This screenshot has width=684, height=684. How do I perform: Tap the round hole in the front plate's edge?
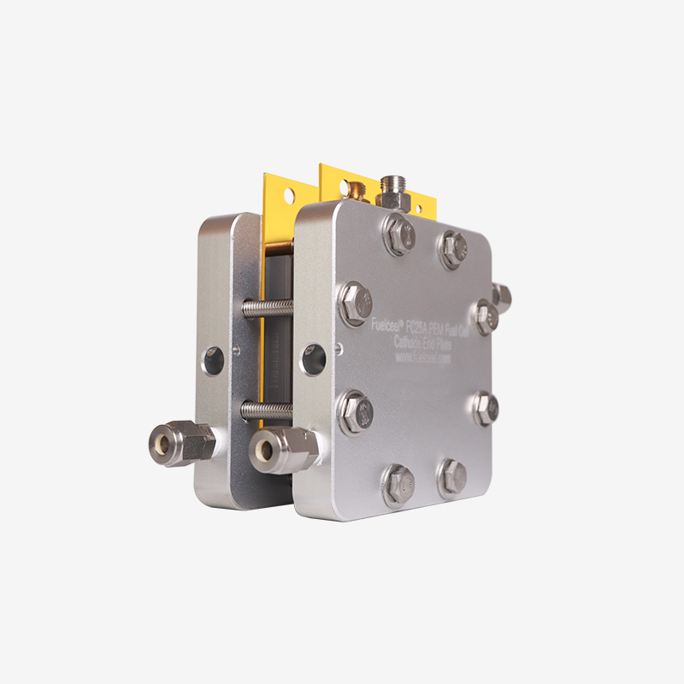pos(313,359)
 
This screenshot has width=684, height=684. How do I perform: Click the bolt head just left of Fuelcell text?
pos(355,303)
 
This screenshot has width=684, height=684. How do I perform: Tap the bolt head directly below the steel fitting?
pos(399,233)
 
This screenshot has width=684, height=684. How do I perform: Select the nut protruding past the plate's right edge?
pos(502,297)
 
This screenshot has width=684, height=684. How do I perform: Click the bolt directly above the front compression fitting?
pos(355,410)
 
